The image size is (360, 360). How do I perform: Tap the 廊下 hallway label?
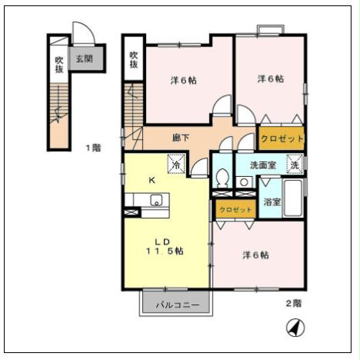pyautogui.click(x=181, y=138)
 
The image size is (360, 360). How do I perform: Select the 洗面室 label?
pyautogui.click(x=250, y=165)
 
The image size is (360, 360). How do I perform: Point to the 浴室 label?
pyautogui.click(x=272, y=202)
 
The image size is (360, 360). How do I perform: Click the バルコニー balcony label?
pyautogui.click(x=177, y=304)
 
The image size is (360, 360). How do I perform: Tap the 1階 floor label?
pyautogui.click(x=93, y=148)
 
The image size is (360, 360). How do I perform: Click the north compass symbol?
pyautogui.click(x=294, y=328)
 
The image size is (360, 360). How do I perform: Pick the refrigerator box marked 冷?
pyautogui.click(x=177, y=165)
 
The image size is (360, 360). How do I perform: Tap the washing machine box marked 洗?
pyautogui.click(x=294, y=165)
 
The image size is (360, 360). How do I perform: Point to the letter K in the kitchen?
pyautogui.click(x=152, y=180)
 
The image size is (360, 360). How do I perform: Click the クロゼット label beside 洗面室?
pyautogui.click(x=281, y=139)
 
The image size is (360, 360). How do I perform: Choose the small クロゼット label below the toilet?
pyautogui.click(x=236, y=210)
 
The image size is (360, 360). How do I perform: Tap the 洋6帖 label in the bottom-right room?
pyautogui.click(x=256, y=255)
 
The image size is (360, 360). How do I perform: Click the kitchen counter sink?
pyautogui.click(x=155, y=202)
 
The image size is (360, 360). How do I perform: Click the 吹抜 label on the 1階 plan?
pyautogui.click(x=59, y=64)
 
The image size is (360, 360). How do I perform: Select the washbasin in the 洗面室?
pyautogui.click(x=243, y=182)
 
